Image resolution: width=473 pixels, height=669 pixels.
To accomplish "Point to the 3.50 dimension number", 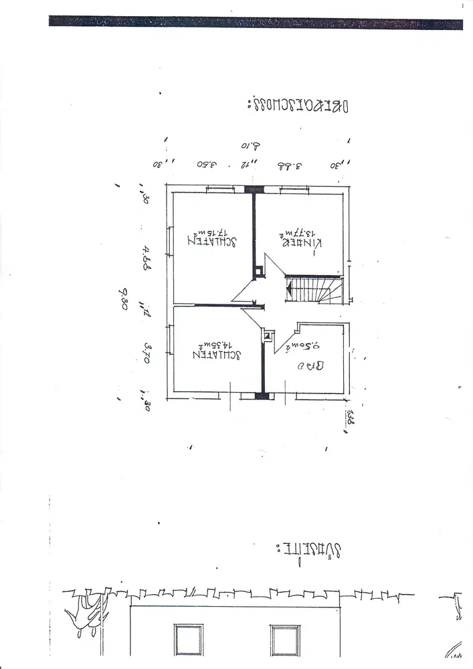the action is click(207, 163).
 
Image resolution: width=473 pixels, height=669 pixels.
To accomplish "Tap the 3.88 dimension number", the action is click(290, 163).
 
